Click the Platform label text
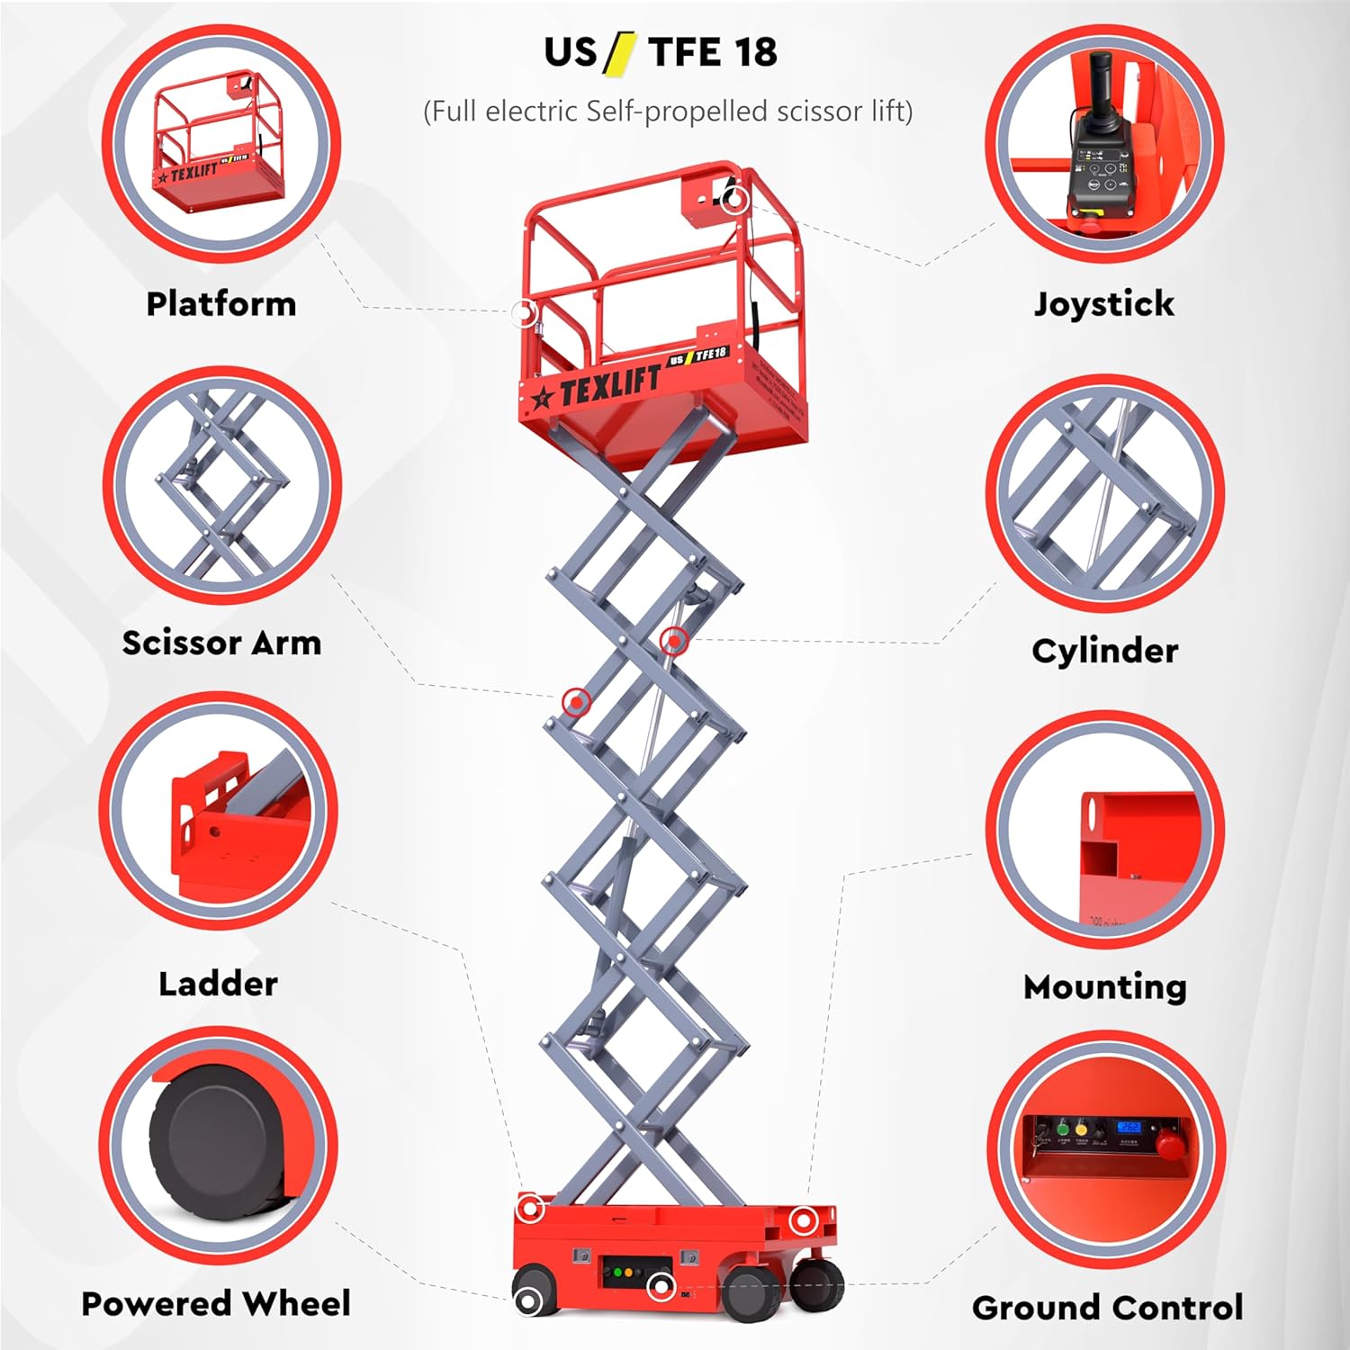221,303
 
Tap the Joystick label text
1103,303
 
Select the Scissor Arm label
221,643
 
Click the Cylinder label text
1104,650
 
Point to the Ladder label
218,983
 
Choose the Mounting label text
1105,986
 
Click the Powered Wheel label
216,1303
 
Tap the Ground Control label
1107,1307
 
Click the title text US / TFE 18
661,52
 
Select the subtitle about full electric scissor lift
668,112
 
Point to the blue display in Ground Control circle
1129,1127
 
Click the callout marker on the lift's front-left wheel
528,1300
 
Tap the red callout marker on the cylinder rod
674,641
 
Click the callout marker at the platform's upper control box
735,199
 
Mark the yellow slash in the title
620,52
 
